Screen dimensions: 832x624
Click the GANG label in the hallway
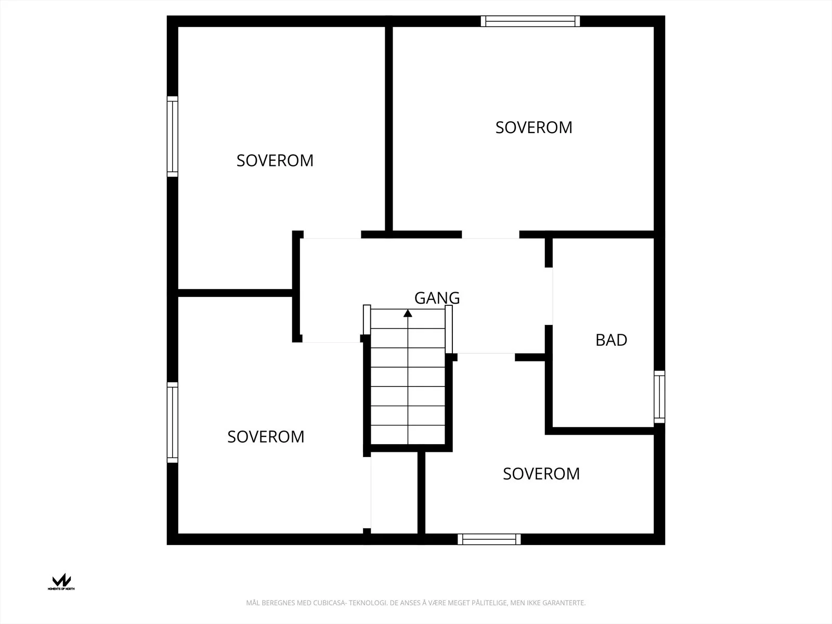(437, 298)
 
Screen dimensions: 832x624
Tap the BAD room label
(612, 340)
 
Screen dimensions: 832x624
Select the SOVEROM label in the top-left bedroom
(275, 161)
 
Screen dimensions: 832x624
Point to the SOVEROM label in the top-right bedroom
(534, 127)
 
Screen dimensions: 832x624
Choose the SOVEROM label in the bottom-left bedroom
(266, 437)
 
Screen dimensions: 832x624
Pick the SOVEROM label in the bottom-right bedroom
(541, 474)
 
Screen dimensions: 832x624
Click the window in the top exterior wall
(530, 21)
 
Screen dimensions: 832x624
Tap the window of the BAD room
(659, 397)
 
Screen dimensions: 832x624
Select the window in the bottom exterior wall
(489, 539)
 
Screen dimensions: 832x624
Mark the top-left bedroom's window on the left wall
(173, 136)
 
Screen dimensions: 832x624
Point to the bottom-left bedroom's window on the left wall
(173, 422)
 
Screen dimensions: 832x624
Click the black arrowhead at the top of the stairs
(408, 314)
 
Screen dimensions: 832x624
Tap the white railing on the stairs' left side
(367, 320)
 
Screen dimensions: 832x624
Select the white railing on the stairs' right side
(449, 329)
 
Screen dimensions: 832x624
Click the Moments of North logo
(61, 581)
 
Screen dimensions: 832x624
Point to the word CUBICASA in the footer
(329, 603)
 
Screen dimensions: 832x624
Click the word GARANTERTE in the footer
(564, 603)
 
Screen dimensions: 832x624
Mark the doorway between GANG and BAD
(549, 296)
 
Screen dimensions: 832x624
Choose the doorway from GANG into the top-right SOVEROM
(490, 235)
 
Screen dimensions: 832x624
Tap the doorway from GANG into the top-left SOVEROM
(332, 235)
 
